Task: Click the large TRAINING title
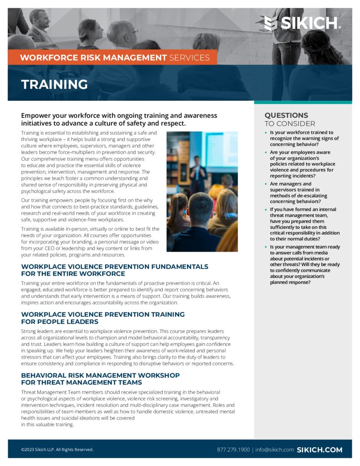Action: (x=55, y=84)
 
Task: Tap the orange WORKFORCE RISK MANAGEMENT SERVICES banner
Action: (x=115, y=57)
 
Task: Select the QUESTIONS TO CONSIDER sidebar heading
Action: (x=289, y=119)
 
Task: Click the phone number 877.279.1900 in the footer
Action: (x=233, y=450)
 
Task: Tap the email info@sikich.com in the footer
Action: (x=274, y=450)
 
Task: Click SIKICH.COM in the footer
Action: (x=319, y=450)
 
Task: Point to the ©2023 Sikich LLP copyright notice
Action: (x=57, y=450)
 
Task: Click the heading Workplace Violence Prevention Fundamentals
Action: (x=115, y=270)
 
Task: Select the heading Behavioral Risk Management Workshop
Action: (x=100, y=379)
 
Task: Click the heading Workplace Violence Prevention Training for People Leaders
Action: (x=103, y=318)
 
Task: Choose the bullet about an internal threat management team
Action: (x=304, y=224)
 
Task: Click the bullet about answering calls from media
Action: (x=304, y=264)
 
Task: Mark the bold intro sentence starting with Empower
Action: (x=119, y=119)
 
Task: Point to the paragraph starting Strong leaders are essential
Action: (x=127, y=348)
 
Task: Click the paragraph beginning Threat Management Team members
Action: (x=127, y=408)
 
